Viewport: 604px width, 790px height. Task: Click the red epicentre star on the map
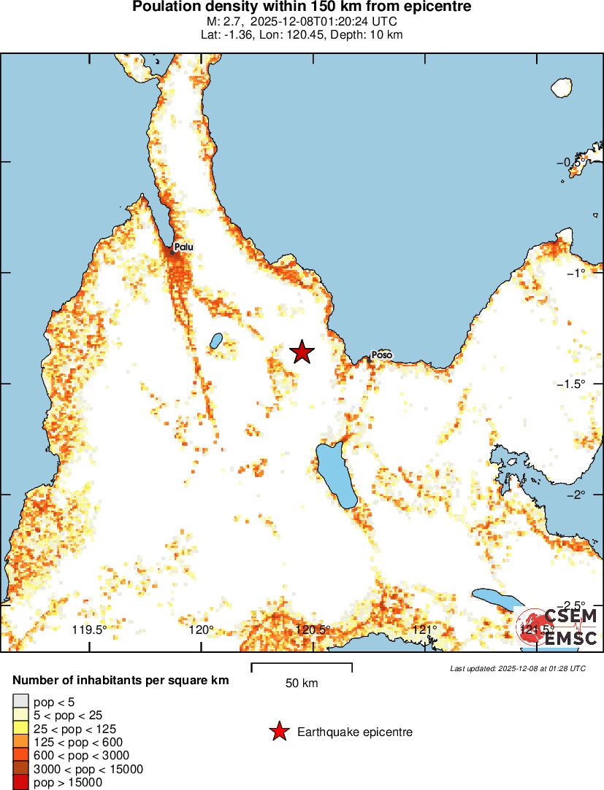click(302, 352)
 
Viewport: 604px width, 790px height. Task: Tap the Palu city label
click(184, 247)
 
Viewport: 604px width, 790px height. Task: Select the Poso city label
click(381, 355)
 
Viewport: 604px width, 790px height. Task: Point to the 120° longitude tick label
click(202, 630)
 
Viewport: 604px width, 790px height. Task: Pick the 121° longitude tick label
click(424, 630)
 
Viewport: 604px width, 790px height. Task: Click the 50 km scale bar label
click(302, 683)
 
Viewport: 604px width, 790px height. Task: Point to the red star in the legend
click(279, 732)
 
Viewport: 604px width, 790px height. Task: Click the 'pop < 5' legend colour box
click(21, 702)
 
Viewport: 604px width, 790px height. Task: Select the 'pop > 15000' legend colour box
click(21, 783)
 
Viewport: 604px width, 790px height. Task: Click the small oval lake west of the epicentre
click(216, 341)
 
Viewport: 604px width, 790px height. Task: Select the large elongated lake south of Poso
click(336, 477)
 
